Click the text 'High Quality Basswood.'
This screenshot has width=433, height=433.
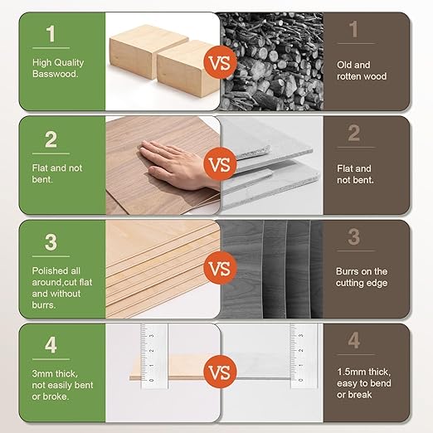tap(56, 68)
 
